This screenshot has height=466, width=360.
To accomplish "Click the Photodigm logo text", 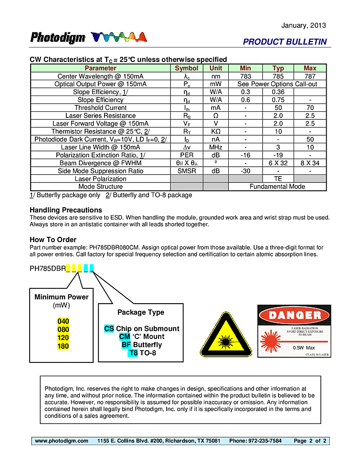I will (x=58, y=38).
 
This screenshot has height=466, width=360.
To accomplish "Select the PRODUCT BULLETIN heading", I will (x=285, y=42).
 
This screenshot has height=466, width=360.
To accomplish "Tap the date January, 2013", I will (x=304, y=25).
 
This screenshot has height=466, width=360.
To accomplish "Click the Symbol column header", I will (x=186, y=68).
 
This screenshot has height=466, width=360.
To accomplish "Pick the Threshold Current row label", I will (x=100, y=108).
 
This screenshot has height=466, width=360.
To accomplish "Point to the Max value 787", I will (x=310, y=76).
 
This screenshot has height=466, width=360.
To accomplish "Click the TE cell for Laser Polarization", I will (x=278, y=179).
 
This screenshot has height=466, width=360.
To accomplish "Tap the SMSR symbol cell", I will (x=186, y=171).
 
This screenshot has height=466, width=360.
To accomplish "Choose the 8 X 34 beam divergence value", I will (x=310, y=163).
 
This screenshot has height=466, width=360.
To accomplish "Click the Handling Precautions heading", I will (x=66, y=210).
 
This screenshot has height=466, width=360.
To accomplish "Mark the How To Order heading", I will (x=53, y=240).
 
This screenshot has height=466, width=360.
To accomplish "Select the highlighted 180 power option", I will (x=63, y=346).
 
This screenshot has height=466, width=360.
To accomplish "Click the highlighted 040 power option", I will (x=63, y=321).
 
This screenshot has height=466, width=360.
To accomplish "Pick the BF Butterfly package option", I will (x=141, y=345).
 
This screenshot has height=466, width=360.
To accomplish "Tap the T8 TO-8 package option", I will (x=142, y=353).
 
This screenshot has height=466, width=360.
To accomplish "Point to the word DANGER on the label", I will (x=294, y=315).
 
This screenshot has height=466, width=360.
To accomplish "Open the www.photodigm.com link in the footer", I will (x=62, y=441).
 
